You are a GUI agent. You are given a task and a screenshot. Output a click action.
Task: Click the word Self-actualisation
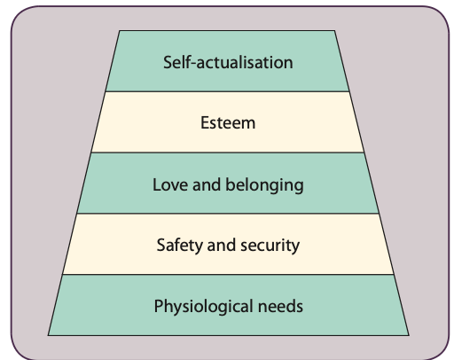coord(228,62)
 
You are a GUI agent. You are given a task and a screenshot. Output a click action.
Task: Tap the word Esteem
coord(228,123)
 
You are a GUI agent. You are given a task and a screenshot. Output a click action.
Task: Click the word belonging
coord(263,185)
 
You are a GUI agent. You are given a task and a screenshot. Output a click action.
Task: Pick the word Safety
coord(177,246)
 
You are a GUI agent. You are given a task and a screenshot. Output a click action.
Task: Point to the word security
coord(271,246)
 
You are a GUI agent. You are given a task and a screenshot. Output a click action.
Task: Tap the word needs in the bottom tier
coord(281,307)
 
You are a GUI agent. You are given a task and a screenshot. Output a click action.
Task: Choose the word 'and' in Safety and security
coord(221,246)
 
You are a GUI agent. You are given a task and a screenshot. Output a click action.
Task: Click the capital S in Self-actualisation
coord(168,62)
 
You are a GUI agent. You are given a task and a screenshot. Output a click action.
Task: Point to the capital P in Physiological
coord(158,307)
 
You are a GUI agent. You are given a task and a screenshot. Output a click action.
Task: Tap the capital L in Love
coord(156,184)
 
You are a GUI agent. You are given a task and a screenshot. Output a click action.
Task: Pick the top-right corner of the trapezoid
coord(337,32)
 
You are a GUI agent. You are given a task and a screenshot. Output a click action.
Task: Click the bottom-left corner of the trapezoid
coord(48,335)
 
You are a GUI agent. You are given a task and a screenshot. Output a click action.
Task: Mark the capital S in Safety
coord(160,246)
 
